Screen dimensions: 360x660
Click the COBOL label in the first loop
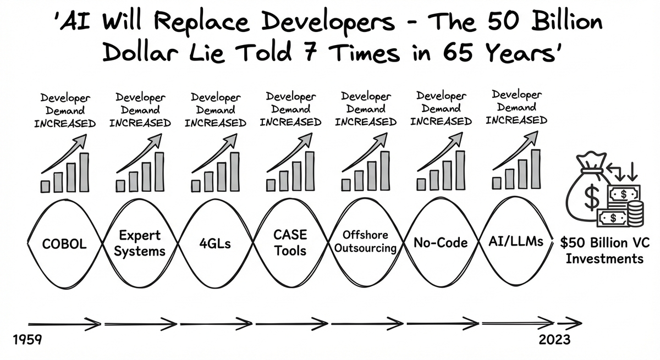(x=65, y=243)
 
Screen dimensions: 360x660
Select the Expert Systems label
(x=141, y=243)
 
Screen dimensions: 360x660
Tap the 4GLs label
(x=216, y=243)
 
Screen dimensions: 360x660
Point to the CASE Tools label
(x=290, y=243)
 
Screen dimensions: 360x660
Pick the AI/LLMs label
(x=516, y=241)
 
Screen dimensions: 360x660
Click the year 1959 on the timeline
(x=27, y=339)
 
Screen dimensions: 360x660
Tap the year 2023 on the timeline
(x=554, y=339)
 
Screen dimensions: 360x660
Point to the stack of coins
(x=635, y=213)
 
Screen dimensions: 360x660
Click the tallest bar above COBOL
(x=84, y=172)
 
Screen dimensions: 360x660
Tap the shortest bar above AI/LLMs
(x=497, y=182)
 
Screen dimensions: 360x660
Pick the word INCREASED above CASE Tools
(x=290, y=122)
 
